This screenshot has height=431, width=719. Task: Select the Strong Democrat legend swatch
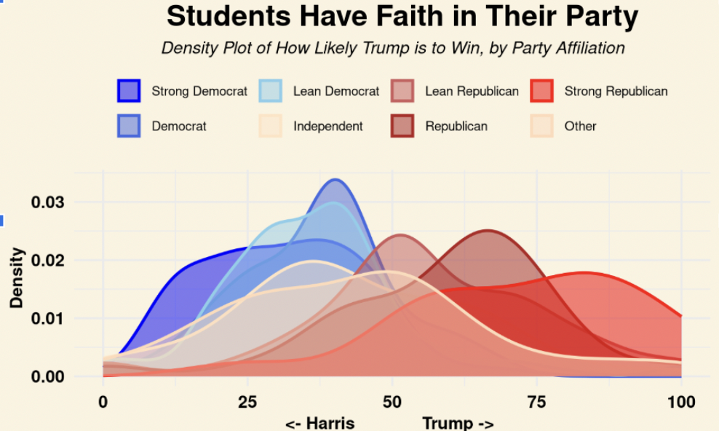(129, 91)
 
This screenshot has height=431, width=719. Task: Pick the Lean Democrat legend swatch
(271, 91)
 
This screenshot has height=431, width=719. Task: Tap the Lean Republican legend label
(472, 91)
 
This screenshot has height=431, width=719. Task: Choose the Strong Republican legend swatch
(541, 91)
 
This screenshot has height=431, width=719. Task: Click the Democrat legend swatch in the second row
(129, 126)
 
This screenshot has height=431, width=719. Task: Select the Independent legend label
(327, 126)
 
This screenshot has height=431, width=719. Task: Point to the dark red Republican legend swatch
(402, 126)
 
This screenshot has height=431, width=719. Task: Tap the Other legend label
(580, 126)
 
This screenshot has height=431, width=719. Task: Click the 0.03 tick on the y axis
(47, 202)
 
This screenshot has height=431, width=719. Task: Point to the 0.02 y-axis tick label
(47, 261)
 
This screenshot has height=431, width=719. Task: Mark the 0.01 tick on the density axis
(47, 319)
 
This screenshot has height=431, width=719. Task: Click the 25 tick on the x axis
(247, 403)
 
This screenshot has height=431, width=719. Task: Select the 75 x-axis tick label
(537, 403)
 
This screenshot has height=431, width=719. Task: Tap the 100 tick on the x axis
(681, 403)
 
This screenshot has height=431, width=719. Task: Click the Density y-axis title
(17, 278)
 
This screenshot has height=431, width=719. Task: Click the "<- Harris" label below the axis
(320, 423)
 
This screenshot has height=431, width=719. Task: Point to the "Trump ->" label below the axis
(458, 423)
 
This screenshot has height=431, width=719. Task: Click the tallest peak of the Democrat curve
(335, 180)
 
